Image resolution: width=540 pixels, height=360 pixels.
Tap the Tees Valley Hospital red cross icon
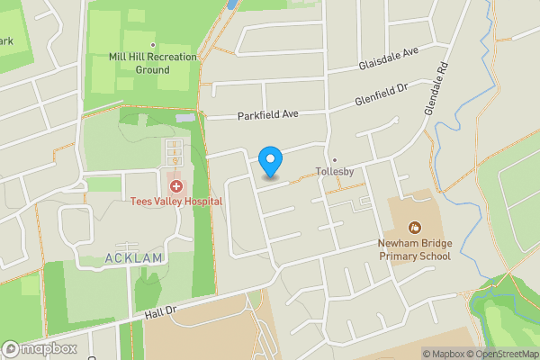[175, 186]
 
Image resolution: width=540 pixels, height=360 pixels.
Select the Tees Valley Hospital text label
[175, 202]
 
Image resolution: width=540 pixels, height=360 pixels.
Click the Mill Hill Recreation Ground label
[153, 63]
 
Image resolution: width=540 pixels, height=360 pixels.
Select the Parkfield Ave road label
[267, 115]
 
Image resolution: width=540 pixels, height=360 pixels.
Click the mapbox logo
[40, 348]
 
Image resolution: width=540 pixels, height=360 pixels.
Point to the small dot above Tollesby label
[335, 160]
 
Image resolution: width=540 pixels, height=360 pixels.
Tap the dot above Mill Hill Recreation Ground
[153, 45]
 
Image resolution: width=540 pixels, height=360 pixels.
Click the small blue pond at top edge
[232, 4]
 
